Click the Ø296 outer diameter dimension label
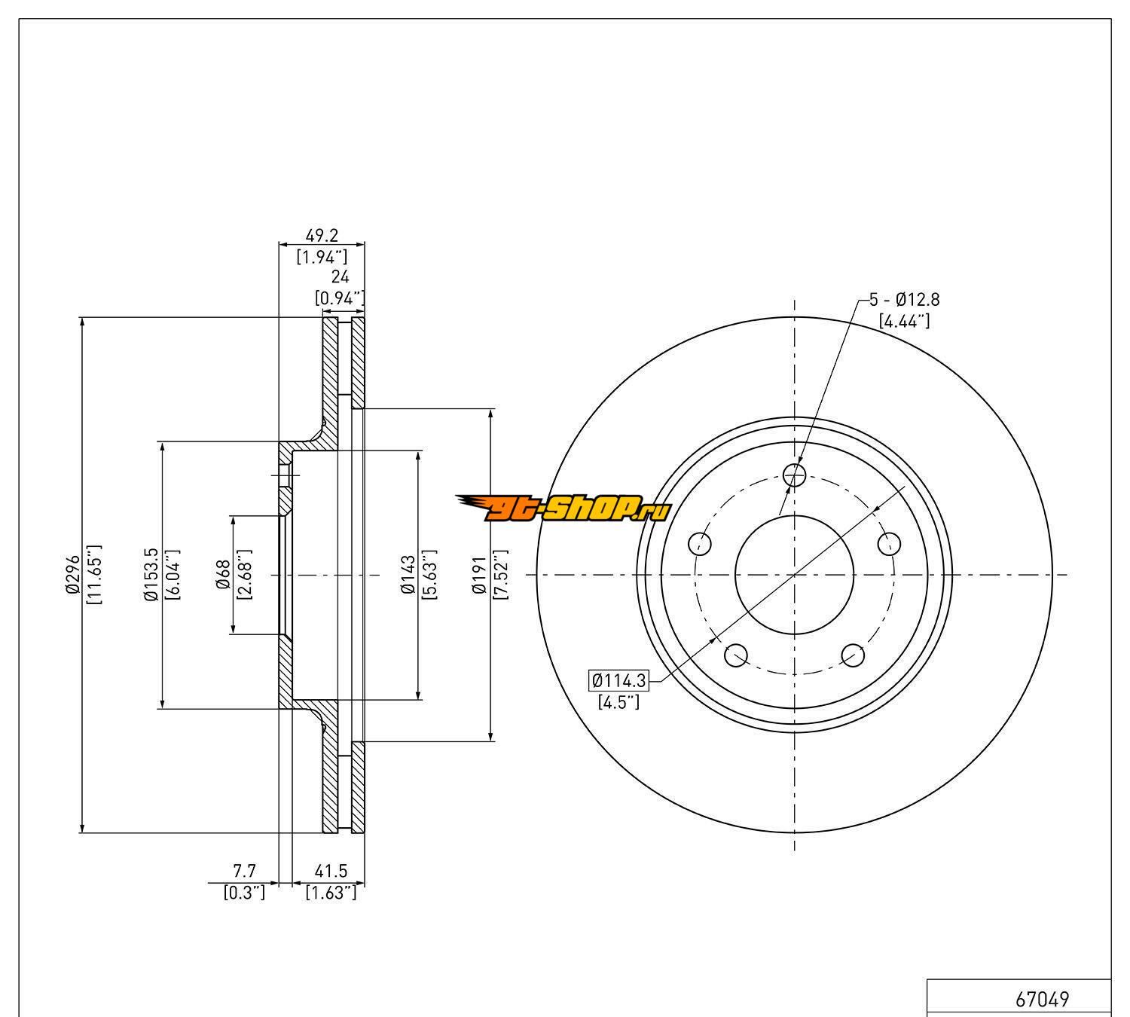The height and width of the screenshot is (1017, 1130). pos(72,574)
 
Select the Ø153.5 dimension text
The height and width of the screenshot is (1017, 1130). pos(151,574)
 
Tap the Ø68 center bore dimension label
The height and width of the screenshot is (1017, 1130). pos(224,574)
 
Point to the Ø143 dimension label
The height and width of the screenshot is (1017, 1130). pos(408,574)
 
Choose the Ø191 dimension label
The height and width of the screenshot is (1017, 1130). pos(479,574)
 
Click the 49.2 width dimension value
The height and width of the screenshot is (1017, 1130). pos(322,236)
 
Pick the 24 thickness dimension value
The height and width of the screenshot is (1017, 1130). pos(340,276)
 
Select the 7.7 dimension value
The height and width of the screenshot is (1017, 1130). pos(245,871)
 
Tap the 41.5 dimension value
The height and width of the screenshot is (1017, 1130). pos(331,871)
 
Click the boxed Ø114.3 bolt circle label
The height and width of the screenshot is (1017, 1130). pos(618,680)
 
